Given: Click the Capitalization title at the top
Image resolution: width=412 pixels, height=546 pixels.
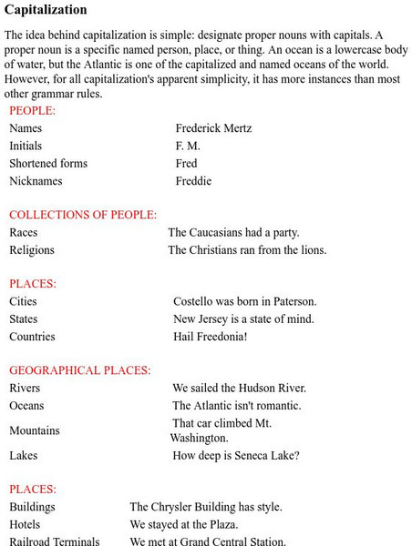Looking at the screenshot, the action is [x=46, y=10].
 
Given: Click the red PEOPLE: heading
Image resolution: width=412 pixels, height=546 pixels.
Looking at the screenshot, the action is [x=32, y=110].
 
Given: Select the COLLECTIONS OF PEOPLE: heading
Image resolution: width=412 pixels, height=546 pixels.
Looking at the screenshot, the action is [x=83, y=215].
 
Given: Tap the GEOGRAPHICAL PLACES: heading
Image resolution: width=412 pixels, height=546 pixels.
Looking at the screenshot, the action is [x=80, y=370].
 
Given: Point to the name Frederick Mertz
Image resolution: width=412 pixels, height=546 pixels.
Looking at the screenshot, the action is [x=213, y=128].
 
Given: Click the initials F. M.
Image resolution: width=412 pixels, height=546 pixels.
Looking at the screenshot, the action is [x=188, y=146].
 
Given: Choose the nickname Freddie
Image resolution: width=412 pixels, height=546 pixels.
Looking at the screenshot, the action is [x=193, y=180].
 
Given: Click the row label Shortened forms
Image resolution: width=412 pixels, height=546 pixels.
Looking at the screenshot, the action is [x=48, y=163].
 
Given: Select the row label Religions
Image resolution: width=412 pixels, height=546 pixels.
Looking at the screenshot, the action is [x=32, y=249].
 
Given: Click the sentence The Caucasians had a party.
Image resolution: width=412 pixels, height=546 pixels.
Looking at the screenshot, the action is [x=233, y=232].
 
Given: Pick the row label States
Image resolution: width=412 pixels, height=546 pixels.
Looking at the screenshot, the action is [x=24, y=318].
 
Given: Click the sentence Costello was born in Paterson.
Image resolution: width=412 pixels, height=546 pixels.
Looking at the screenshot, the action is [x=245, y=301].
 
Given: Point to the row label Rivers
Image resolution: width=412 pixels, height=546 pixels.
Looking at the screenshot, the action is [x=25, y=388].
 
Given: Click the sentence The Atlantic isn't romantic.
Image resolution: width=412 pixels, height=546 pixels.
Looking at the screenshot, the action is [x=237, y=405].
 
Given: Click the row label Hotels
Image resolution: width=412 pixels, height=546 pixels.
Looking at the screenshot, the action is [x=26, y=524].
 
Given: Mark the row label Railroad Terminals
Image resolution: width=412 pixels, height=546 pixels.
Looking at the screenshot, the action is [x=55, y=541].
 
